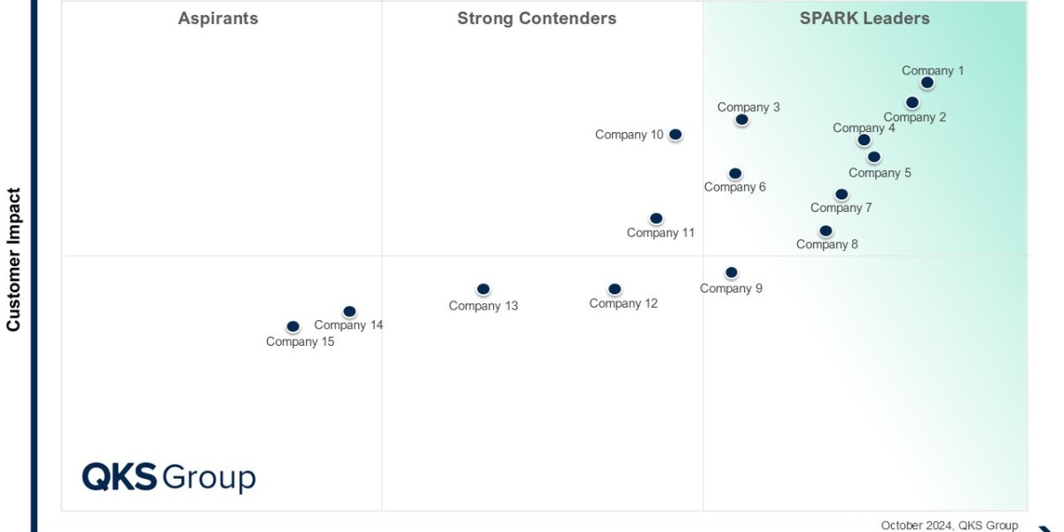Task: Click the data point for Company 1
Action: [x=927, y=82]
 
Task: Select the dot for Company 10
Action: [x=675, y=135]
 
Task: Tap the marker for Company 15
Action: [x=293, y=327]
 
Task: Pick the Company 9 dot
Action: [x=731, y=273]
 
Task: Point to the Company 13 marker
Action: [x=483, y=289]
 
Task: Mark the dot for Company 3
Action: [x=741, y=120]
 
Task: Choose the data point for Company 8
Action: [x=825, y=231]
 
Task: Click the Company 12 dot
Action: [x=614, y=289]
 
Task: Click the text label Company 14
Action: [x=348, y=325]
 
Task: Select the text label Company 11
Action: [x=661, y=233]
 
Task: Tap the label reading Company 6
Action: [x=735, y=187]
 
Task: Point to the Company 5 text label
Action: [x=880, y=173]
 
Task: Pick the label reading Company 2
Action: [x=915, y=117]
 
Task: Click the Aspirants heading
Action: [x=218, y=19]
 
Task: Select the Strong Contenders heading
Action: [x=536, y=19]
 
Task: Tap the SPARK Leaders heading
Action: [x=864, y=19]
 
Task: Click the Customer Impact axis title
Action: [x=13, y=259]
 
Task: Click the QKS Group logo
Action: [x=168, y=477]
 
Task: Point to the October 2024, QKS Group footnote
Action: [x=950, y=526]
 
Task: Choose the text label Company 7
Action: [x=841, y=208]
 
